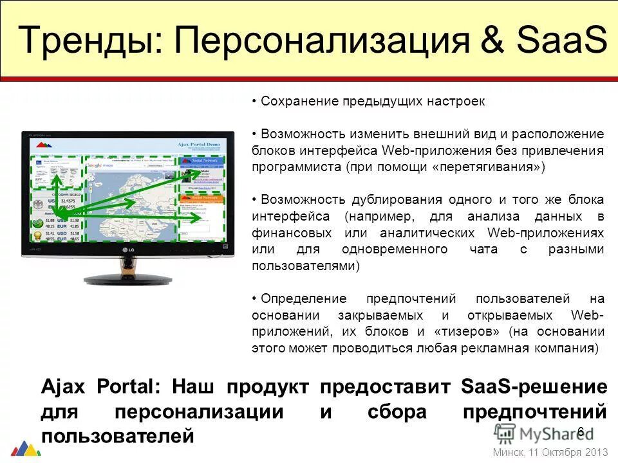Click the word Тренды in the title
coord(84,40)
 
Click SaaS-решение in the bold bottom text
coord(534,387)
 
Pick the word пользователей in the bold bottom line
coord(117,435)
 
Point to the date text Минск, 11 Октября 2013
coord(550,452)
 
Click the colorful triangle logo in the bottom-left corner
coord(25,448)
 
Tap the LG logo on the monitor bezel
coord(127,250)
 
